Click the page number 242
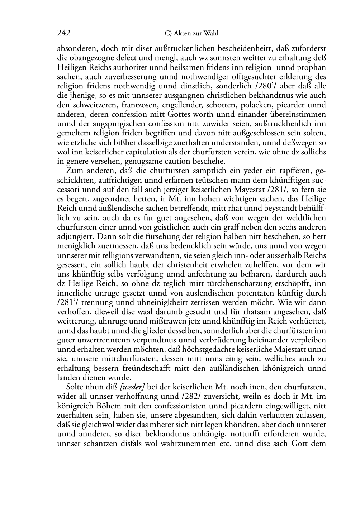coord(63,33)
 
